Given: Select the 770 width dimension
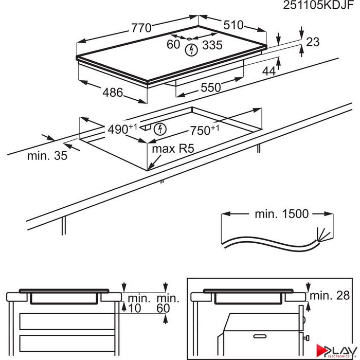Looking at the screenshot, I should [x=141, y=28].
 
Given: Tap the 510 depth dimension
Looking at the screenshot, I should [x=232, y=26].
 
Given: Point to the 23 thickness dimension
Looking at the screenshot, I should [x=312, y=43].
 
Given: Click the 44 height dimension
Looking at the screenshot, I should [x=269, y=72].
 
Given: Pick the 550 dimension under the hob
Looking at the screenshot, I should [x=210, y=88].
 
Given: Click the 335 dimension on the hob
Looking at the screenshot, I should [x=212, y=45].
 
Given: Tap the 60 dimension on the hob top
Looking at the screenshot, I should [x=173, y=45].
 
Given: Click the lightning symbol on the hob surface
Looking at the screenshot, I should [x=191, y=50].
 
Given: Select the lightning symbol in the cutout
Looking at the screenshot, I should [x=160, y=129].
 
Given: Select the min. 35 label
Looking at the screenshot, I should [x=47, y=156].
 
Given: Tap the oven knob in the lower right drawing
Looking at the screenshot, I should [x=306, y=338].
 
